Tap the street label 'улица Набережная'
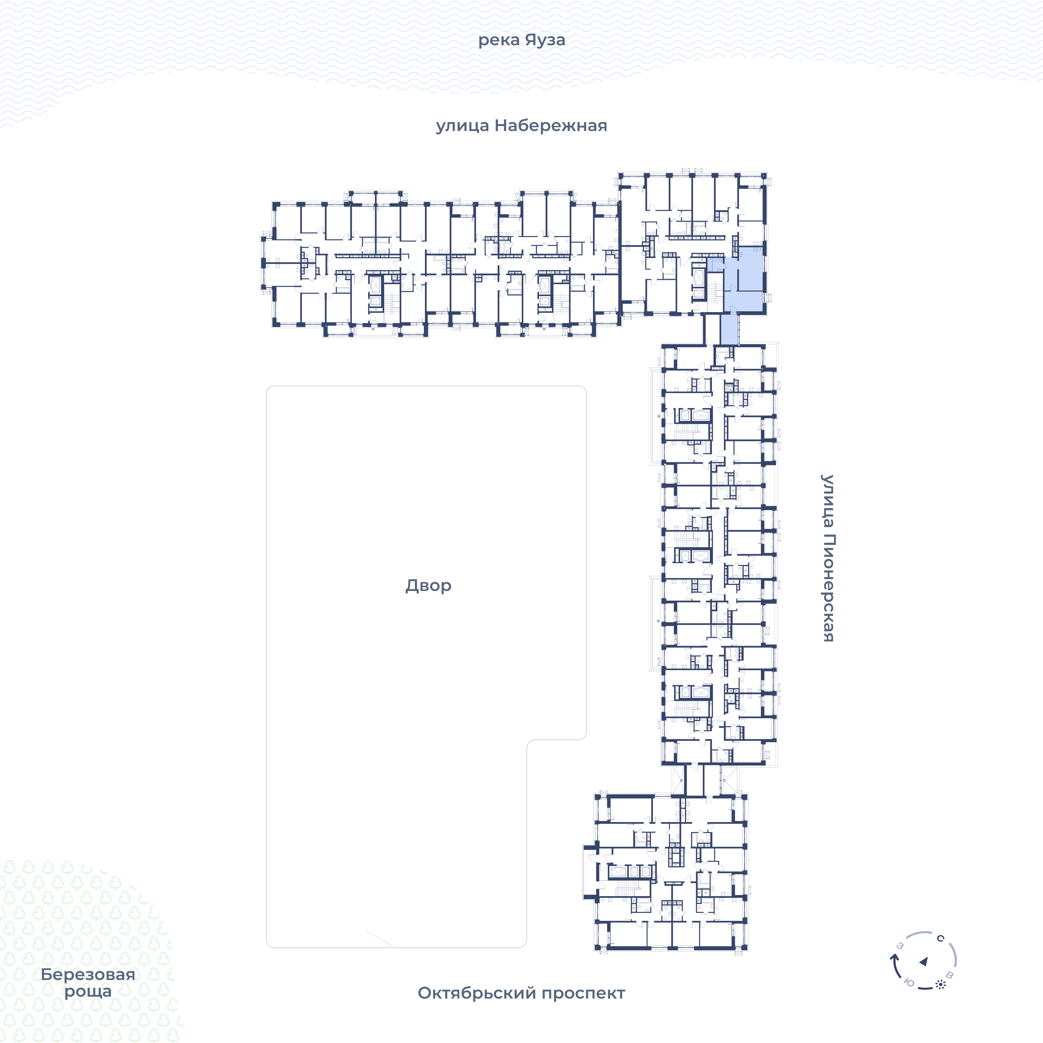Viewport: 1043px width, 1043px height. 521,126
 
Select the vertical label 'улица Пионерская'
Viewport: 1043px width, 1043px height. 828,558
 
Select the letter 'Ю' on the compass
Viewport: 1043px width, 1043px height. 909,983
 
